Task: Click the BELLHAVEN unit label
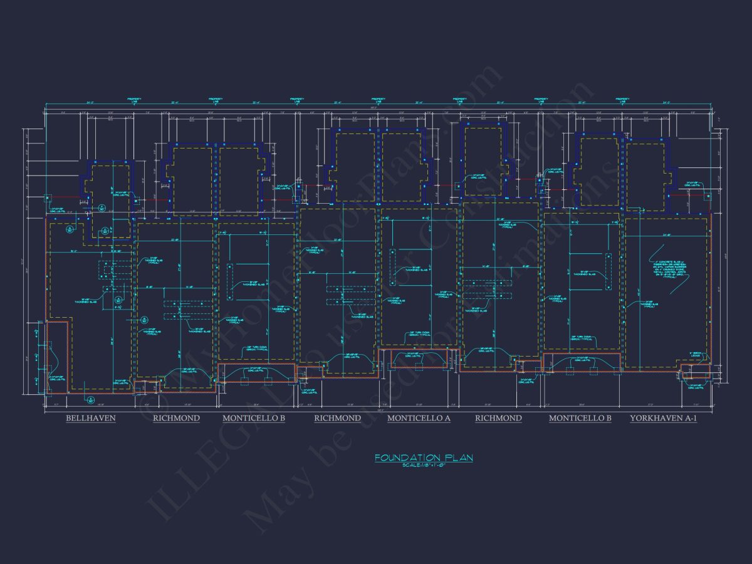pos(91,418)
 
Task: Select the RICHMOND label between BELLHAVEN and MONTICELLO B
pos(176,418)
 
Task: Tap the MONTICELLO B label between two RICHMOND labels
pos(254,418)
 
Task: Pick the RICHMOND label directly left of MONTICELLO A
pos(337,418)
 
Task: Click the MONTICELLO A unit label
pos(419,418)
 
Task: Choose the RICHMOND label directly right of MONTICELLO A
pos(498,418)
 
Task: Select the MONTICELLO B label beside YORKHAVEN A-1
pos(580,418)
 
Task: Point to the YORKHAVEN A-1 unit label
pos(663,418)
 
